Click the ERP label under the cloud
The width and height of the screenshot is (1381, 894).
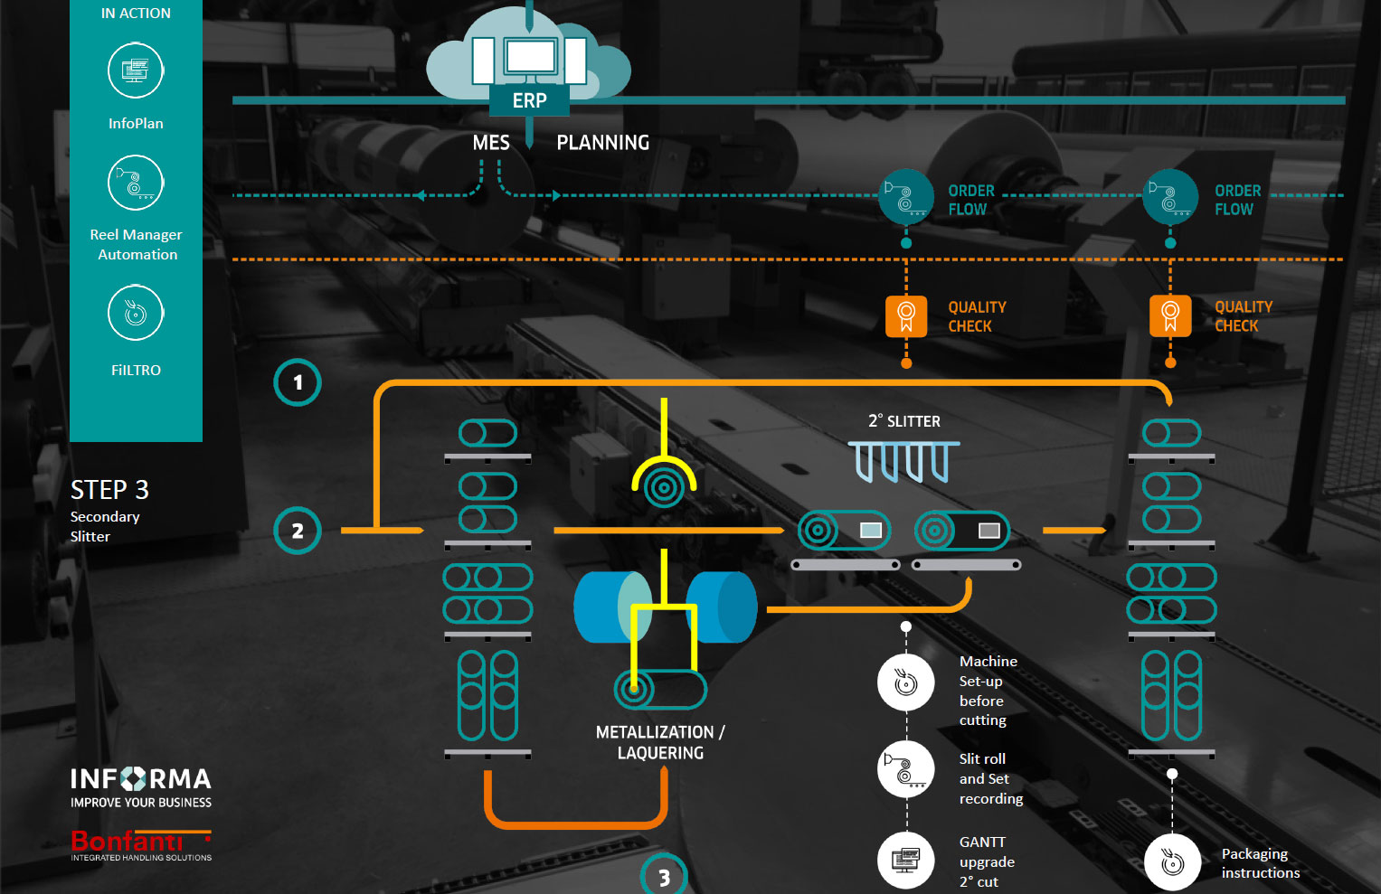(529, 100)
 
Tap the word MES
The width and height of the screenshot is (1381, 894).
(491, 143)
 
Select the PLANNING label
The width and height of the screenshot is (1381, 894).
(602, 143)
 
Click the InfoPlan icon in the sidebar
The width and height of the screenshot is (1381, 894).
(136, 70)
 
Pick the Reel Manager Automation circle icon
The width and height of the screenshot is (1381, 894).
(136, 183)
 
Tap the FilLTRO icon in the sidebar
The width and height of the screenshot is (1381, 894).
(136, 313)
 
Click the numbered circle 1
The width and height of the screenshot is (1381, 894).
(298, 382)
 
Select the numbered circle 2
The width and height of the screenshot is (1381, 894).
(298, 531)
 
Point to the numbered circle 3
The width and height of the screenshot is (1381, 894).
(664, 876)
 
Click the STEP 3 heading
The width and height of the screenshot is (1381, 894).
(109, 490)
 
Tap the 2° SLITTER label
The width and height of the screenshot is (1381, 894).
(903, 421)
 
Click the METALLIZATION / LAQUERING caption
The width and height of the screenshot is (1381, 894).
(660, 742)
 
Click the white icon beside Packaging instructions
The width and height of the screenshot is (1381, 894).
(1172, 862)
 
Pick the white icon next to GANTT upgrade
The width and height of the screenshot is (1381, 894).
(906, 858)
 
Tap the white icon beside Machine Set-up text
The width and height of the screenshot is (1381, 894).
(906, 682)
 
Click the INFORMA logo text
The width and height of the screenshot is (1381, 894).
(141, 779)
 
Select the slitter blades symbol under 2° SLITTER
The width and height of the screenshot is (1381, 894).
(903, 461)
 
